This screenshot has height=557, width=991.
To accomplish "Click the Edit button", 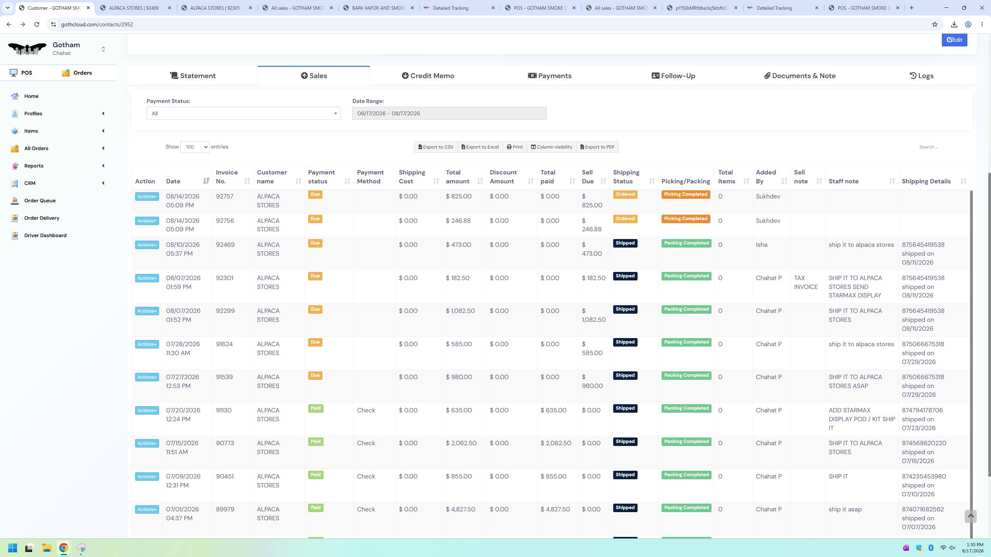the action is [954, 40].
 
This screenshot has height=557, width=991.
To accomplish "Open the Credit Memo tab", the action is [428, 76].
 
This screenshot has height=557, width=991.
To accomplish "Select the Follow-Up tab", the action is [673, 76].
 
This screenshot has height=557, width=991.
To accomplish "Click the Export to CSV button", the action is [436, 147].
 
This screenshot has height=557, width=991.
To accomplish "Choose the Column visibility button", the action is [552, 147].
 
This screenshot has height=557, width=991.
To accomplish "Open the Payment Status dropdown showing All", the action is [243, 113].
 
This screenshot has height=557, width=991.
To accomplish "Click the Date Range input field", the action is [449, 113].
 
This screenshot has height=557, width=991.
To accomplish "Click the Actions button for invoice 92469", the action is [147, 245].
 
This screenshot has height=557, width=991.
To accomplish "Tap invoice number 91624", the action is [225, 344].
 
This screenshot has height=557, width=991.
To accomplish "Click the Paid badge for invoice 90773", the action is [315, 442].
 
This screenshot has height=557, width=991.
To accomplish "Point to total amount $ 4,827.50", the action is [461, 509].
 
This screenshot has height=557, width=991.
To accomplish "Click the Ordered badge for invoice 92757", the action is [625, 195].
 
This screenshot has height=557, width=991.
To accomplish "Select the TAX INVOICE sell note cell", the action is [806, 282].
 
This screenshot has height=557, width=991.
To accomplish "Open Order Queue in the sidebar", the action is [40, 200].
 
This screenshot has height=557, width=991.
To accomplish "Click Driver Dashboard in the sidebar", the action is [45, 235].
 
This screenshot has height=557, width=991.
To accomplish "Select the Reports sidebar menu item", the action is [34, 166].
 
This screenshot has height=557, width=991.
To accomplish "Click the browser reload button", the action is [37, 24].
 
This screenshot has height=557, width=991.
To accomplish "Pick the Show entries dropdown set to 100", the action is [195, 147].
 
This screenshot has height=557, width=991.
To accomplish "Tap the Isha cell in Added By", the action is [761, 245].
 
